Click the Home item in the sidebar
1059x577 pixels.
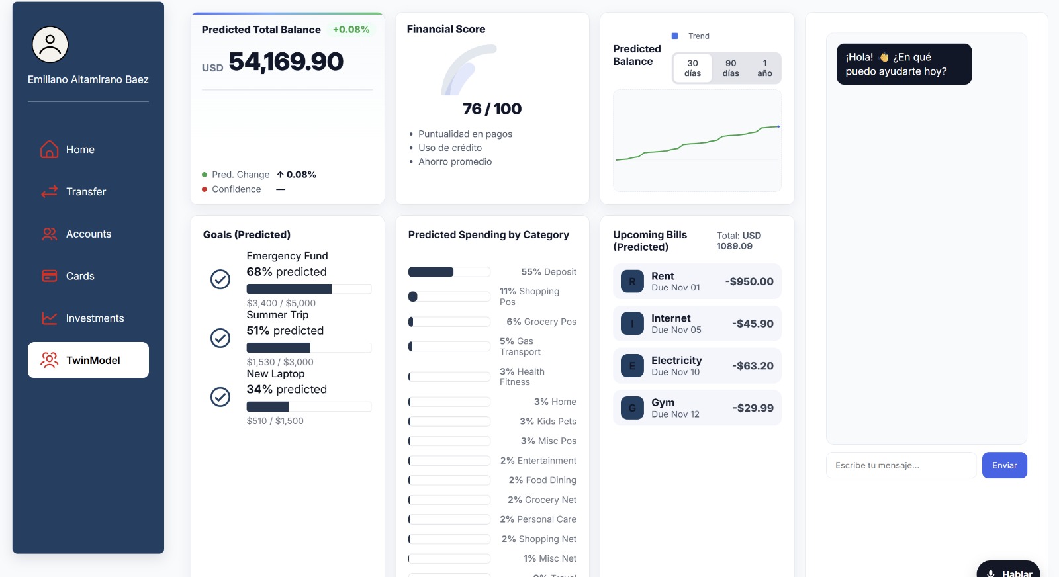tap(80, 150)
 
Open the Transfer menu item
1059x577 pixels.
tap(85, 192)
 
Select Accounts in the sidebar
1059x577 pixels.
tap(88, 234)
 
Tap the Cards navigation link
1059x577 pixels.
tap(80, 276)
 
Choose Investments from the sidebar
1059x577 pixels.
tap(95, 318)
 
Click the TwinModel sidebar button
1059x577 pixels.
tap(88, 360)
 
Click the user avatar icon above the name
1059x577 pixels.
tap(50, 45)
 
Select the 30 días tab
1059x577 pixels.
tap(692, 68)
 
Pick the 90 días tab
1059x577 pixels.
tap(731, 68)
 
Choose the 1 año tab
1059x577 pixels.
tap(764, 68)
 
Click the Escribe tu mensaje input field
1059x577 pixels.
tap(901, 465)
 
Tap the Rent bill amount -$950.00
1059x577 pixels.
tap(749, 281)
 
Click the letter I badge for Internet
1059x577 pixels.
tap(632, 324)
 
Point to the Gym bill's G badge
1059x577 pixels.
tap(632, 408)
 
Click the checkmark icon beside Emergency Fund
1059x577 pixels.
tap(220, 279)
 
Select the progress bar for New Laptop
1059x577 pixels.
tap(308, 406)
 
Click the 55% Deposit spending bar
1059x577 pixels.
tap(449, 272)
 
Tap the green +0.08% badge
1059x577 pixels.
tap(351, 30)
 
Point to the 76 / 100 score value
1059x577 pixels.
tap(492, 109)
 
